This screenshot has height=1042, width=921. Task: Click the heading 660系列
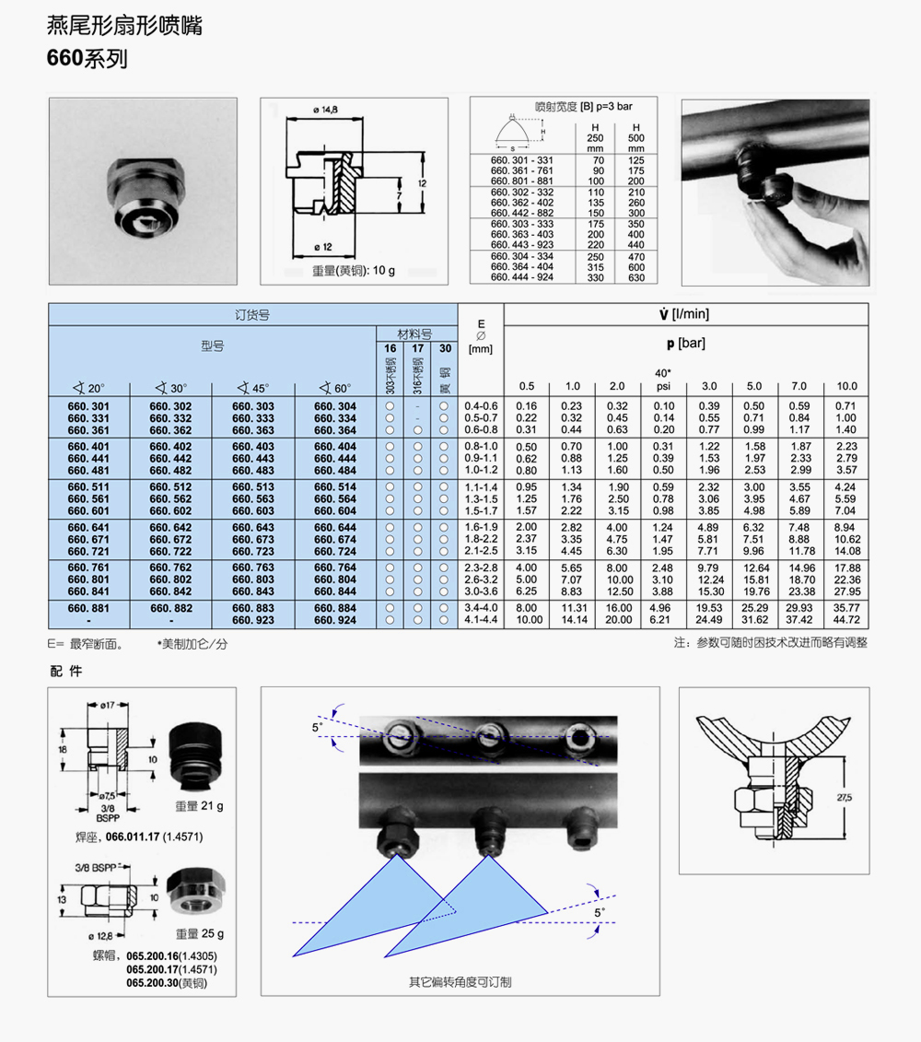[87, 59]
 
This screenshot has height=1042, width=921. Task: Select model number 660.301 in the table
[88, 406]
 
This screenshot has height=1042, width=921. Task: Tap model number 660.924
[334, 620]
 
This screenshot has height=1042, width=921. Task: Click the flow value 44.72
[846, 620]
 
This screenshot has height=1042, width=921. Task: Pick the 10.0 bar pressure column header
[846, 386]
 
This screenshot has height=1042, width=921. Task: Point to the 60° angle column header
[334, 387]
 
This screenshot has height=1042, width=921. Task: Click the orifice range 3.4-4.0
[481, 608]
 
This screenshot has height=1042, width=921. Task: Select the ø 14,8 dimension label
[326, 111]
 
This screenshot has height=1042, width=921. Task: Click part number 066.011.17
[134, 837]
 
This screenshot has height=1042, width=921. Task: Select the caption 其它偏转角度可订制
[460, 982]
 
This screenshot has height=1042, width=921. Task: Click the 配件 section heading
[66, 671]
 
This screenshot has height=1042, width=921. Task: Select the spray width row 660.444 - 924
[522, 277]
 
